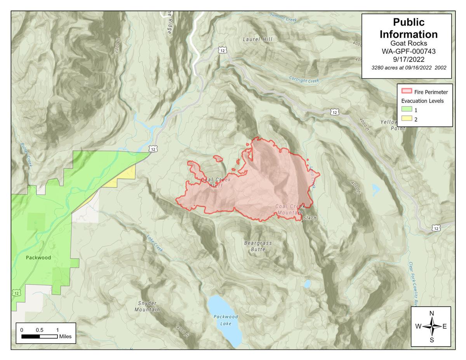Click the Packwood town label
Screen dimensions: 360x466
[x=38, y=257]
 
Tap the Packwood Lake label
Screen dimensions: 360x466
[x=226, y=320]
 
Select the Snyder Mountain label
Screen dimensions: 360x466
[x=147, y=306]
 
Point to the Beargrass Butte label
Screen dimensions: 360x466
[x=258, y=246]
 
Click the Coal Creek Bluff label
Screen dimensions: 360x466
[x=216, y=183]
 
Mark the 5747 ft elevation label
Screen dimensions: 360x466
[x=311, y=218]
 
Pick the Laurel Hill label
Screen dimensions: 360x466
[x=257, y=39]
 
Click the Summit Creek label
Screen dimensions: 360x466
[x=283, y=18]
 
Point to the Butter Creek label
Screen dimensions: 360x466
[x=27, y=155]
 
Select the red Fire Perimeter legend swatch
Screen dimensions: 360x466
[x=407, y=92]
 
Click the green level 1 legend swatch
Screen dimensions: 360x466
[x=407, y=110]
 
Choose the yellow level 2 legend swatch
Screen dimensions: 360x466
[x=407, y=119]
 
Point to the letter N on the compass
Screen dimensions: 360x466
[x=431, y=313]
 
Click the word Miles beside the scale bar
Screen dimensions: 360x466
[x=65, y=336]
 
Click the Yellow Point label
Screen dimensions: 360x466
[x=389, y=125]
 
